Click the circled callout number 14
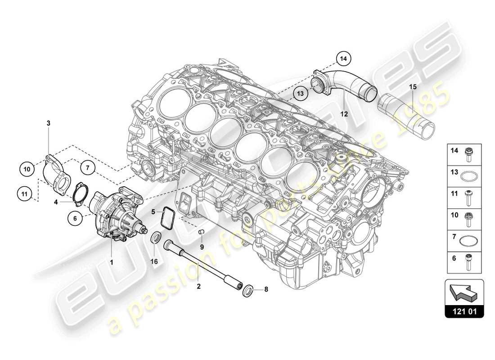[x=344, y=58]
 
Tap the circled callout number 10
[x=27, y=169]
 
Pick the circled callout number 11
[x=24, y=194]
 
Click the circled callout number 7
[x=88, y=168]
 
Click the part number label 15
[x=413, y=86]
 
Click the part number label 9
[x=202, y=247]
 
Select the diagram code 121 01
[x=464, y=311]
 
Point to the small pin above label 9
[x=202, y=232]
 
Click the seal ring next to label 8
[x=247, y=291]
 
